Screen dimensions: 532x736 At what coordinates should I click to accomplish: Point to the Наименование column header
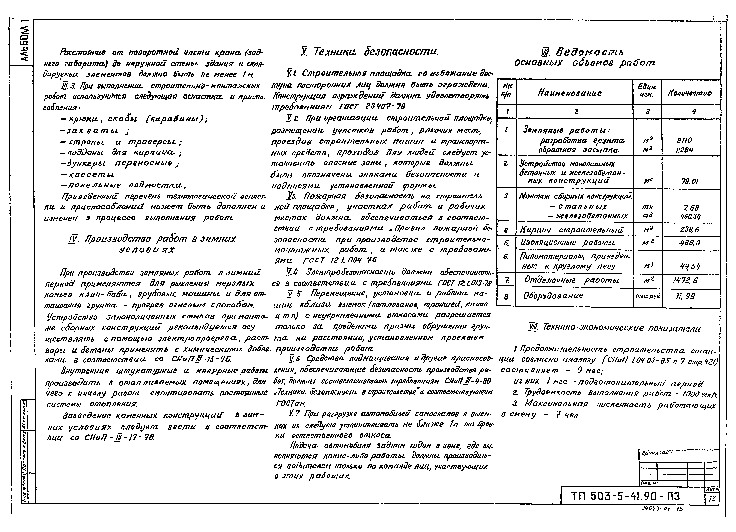coord(570,93)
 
